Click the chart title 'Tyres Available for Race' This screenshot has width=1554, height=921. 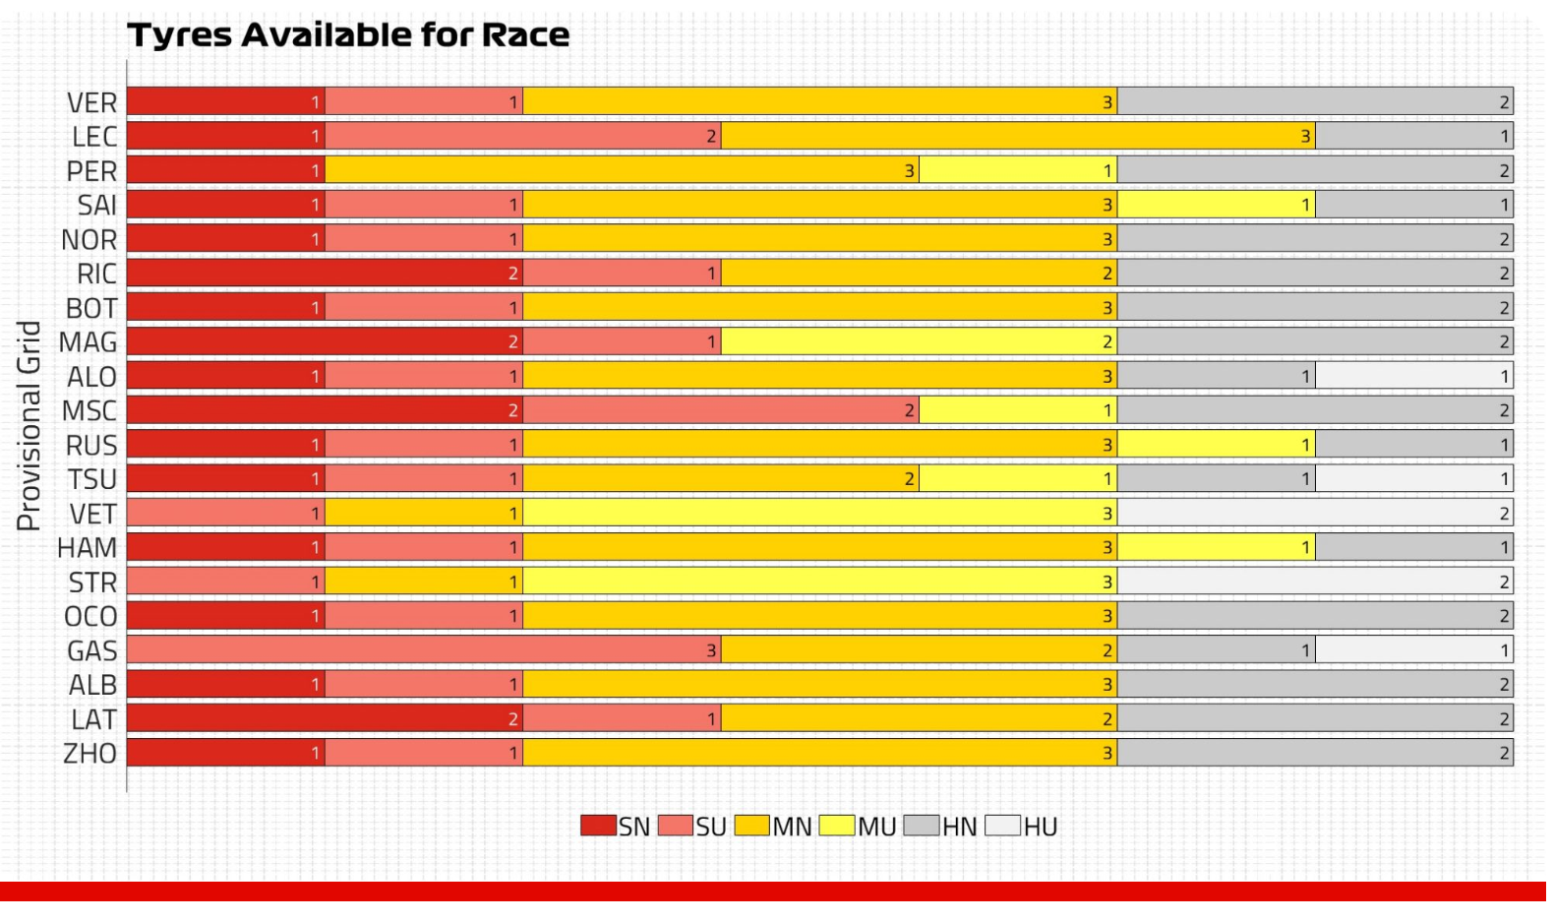coord(348,35)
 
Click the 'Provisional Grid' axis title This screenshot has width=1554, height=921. coord(30,425)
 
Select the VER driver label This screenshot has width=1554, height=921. coord(91,102)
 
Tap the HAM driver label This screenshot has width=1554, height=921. coord(88,547)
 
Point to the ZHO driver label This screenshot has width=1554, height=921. coord(90,754)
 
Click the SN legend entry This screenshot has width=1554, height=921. coord(616,827)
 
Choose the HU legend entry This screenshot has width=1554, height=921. coord(1022,827)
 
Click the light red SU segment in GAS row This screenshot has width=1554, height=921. coord(424,649)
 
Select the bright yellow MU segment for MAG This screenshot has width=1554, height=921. coord(919,341)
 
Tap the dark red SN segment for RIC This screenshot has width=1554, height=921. coord(325,273)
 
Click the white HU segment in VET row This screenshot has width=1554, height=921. coord(1315,513)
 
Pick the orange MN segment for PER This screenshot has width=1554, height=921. coord(622,170)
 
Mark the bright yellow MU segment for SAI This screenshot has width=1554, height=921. coord(1216,205)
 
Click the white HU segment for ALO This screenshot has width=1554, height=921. coord(1414,376)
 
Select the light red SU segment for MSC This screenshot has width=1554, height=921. coord(721,410)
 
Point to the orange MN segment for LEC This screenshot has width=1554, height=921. coord(1018,136)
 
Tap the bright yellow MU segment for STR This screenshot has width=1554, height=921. coord(820,582)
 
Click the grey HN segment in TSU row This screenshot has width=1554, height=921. coord(1216,478)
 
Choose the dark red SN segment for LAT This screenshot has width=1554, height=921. coord(325,718)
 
